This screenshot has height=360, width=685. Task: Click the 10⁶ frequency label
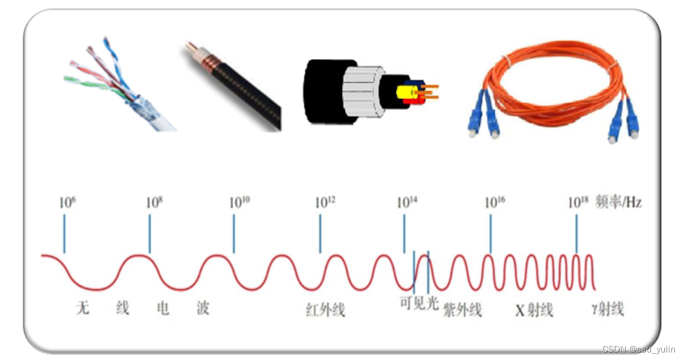(x=67, y=202)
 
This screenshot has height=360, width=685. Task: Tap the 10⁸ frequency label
(x=154, y=202)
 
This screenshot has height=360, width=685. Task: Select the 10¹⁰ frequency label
(x=239, y=202)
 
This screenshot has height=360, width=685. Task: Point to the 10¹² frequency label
(x=325, y=202)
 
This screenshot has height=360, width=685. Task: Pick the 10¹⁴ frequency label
(x=407, y=202)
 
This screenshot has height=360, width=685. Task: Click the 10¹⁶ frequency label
(x=494, y=202)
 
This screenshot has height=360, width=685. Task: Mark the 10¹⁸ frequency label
(x=579, y=202)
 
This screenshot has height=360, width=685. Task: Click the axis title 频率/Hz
(x=620, y=202)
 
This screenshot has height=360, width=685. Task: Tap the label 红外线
(x=325, y=310)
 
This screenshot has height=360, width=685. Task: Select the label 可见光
(x=418, y=303)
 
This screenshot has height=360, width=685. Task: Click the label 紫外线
(x=462, y=310)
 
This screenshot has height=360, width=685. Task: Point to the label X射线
(x=534, y=310)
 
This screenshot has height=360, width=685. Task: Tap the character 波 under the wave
(x=202, y=308)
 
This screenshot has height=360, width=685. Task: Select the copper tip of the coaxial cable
(x=191, y=48)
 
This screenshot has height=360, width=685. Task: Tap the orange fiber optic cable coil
(x=554, y=82)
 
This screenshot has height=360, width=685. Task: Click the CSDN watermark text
(x=638, y=349)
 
